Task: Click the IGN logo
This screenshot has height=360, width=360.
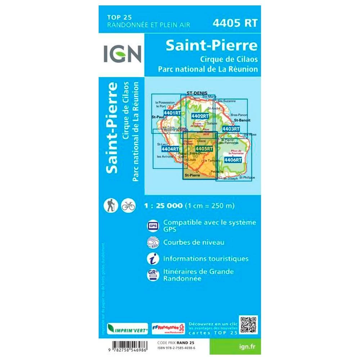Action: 122,54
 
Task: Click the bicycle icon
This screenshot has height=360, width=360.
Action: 128,206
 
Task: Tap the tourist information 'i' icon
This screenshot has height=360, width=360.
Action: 152,258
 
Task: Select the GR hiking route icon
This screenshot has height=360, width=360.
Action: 152,275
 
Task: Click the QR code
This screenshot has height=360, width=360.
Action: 248,325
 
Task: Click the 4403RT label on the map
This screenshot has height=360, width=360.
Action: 230,129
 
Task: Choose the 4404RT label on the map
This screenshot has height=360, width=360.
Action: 170,149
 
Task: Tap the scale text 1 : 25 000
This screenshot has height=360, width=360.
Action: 163,206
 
